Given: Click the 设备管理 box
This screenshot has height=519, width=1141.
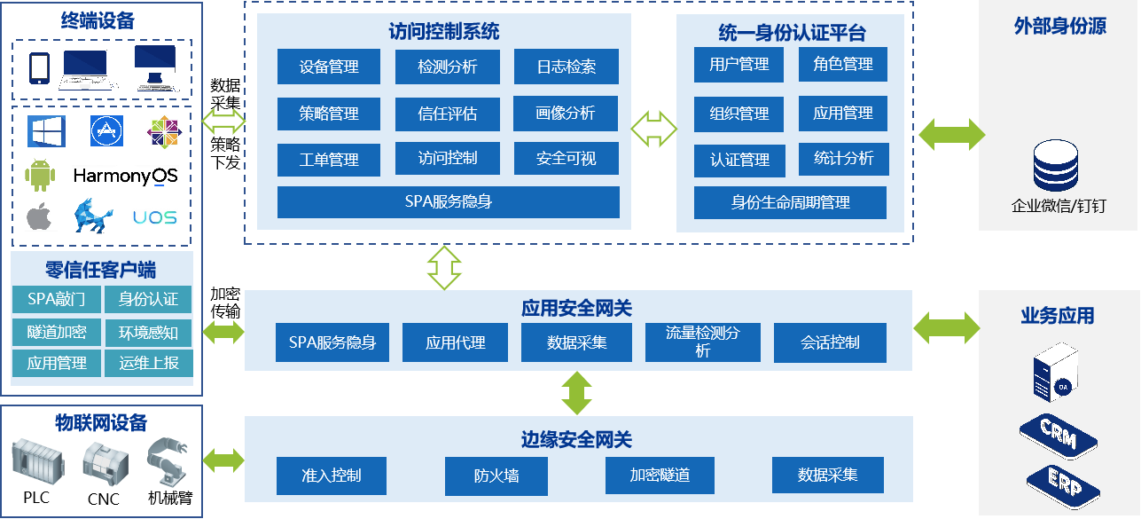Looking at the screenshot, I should tap(329, 67).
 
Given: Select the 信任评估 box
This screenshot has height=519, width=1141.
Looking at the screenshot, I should tap(448, 114).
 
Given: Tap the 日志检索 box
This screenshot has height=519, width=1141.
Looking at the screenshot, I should tap(566, 67).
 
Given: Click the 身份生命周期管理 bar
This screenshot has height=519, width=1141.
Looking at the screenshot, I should tap(790, 202).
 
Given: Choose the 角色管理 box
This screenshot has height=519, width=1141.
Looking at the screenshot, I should tap(843, 65).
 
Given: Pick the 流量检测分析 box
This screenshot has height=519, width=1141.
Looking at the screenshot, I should tap(702, 342).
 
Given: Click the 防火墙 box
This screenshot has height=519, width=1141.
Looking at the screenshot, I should tap(496, 476).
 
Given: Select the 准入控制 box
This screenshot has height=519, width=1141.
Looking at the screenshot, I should tap(332, 476).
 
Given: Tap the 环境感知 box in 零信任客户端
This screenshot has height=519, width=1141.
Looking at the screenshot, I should tap(148, 333).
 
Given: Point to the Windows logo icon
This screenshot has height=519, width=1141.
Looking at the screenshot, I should tap(42, 130).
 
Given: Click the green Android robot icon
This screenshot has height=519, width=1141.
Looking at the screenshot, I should tap(41, 175).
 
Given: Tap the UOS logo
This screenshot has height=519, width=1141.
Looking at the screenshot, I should tap(155, 217).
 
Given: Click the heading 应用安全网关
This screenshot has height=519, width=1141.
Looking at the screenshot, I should tap(576, 308).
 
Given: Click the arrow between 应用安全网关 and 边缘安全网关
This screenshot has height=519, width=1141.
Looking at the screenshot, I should tap(577, 392).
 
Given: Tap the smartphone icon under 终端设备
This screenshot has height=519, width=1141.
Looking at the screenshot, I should tap(38, 68).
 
